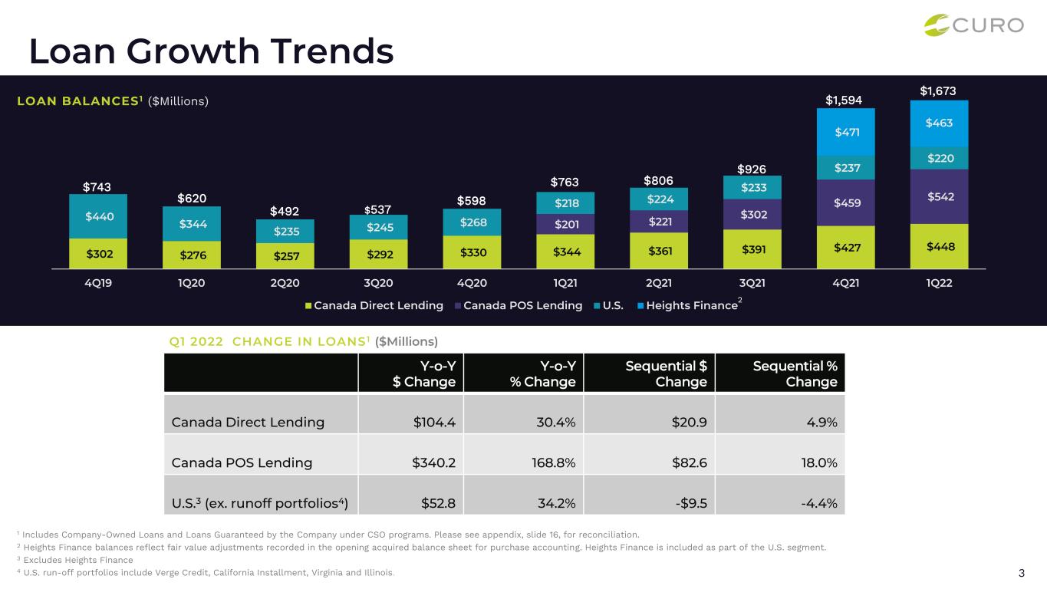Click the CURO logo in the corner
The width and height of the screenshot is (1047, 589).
click(x=974, y=25)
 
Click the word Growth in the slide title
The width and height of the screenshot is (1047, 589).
click(x=193, y=51)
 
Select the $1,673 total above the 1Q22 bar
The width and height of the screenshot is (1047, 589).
click(x=937, y=90)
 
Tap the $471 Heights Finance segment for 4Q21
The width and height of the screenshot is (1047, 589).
click(x=847, y=132)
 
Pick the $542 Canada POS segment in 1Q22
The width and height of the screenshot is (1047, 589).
click(x=940, y=197)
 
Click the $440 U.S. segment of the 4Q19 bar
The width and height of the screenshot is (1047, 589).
click(x=99, y=216)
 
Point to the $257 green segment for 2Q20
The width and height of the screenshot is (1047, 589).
click(x=286, y=256)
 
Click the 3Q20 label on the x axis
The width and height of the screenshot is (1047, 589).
click(x=378, y=283)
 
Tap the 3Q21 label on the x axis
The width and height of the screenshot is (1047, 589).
click(x=752, y=283)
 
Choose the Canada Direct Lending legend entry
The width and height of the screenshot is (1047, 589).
click(x=374, y=306)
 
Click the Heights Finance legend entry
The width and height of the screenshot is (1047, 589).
click(x=690, y=304)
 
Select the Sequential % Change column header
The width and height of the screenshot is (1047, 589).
click(x=795, y=373)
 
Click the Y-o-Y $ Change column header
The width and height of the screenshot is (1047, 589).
click(x=424, y=373)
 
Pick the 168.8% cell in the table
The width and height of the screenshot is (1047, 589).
click(x=554, y=462)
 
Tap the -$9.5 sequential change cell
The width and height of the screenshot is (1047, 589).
click(x=691, y=503)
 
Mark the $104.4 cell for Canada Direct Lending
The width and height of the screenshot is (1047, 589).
click(x=434, y=423)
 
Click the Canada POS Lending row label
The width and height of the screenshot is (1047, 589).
click(x=242, y=462)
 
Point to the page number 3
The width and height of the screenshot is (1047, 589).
click(x=1021, y=573)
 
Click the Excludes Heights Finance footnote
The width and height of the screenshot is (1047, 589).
click(x=75, y=560)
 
